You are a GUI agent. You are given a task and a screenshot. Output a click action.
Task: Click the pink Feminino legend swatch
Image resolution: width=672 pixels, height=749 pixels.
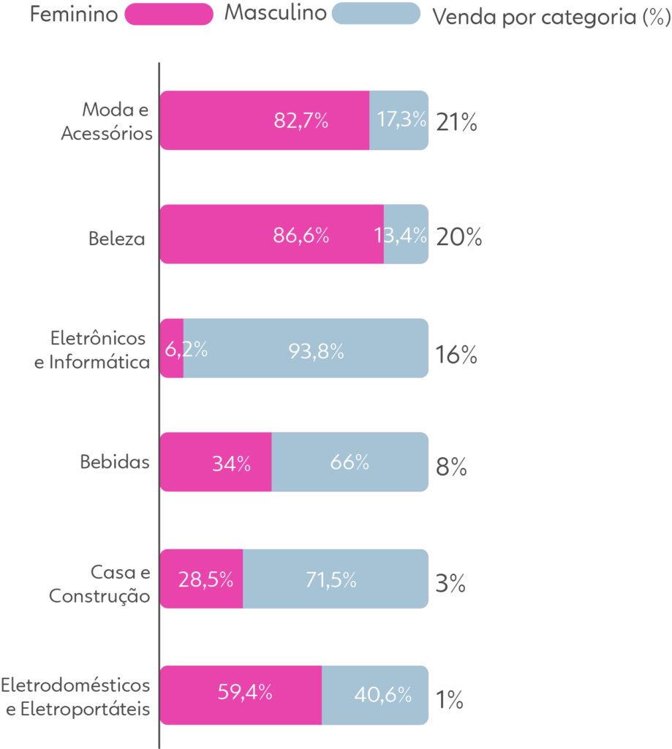[169, 14]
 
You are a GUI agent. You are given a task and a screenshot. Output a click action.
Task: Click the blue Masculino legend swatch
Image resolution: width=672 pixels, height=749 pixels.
[376, 14]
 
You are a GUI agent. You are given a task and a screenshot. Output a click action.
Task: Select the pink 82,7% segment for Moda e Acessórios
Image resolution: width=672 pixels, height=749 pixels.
[265, 121]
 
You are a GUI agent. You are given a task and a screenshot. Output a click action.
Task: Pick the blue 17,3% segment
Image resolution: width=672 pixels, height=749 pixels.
[399, 121]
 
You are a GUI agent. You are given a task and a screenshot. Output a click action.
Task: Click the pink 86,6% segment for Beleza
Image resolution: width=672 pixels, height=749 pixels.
[271, 235]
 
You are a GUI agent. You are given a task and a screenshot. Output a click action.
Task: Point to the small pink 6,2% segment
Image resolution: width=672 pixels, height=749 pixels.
[172, 349]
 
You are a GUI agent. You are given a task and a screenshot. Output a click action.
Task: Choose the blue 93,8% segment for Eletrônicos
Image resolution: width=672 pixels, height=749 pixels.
[306, 349]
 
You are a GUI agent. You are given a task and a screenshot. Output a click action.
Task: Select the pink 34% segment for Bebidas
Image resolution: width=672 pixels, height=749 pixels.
[216, 462]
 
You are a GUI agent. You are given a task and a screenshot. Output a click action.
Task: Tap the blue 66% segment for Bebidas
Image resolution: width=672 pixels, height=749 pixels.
[350, 462]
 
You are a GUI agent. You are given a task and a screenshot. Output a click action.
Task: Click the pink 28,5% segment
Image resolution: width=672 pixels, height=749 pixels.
[202, 579]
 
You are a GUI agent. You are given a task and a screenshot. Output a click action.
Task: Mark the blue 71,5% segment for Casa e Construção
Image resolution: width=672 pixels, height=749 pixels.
[336, 579]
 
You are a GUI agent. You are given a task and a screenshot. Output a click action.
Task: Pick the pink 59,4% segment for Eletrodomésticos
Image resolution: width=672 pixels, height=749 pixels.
[241, 695]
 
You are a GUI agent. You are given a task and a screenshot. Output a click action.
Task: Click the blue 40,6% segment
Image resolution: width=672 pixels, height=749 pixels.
[375, 695]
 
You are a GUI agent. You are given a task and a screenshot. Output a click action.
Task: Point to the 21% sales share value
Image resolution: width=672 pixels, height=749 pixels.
[456, 123]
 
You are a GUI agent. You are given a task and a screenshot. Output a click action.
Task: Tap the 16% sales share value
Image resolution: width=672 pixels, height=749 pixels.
[456, 356]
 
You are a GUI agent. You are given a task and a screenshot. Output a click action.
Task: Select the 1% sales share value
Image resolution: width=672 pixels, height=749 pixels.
[450, 701]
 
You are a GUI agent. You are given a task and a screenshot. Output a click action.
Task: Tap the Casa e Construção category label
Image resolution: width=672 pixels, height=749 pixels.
[100, 584]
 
